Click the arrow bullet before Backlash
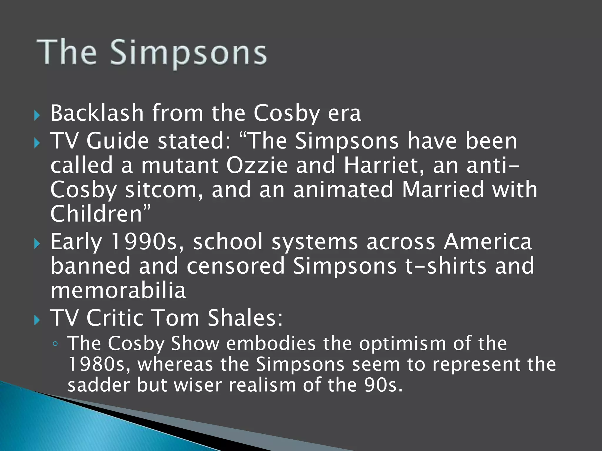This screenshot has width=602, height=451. click(x=37, y=115)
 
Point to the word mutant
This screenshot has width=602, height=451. click(x=180, y=165)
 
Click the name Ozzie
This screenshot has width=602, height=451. click(x=257, y=165)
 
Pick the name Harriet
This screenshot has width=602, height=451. click(x=384, y=165)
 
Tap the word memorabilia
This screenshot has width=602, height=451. click(x=118, y=290)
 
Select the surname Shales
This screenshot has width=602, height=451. click(x=245, y=318)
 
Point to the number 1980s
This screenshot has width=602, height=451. click(x=99, y=364)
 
